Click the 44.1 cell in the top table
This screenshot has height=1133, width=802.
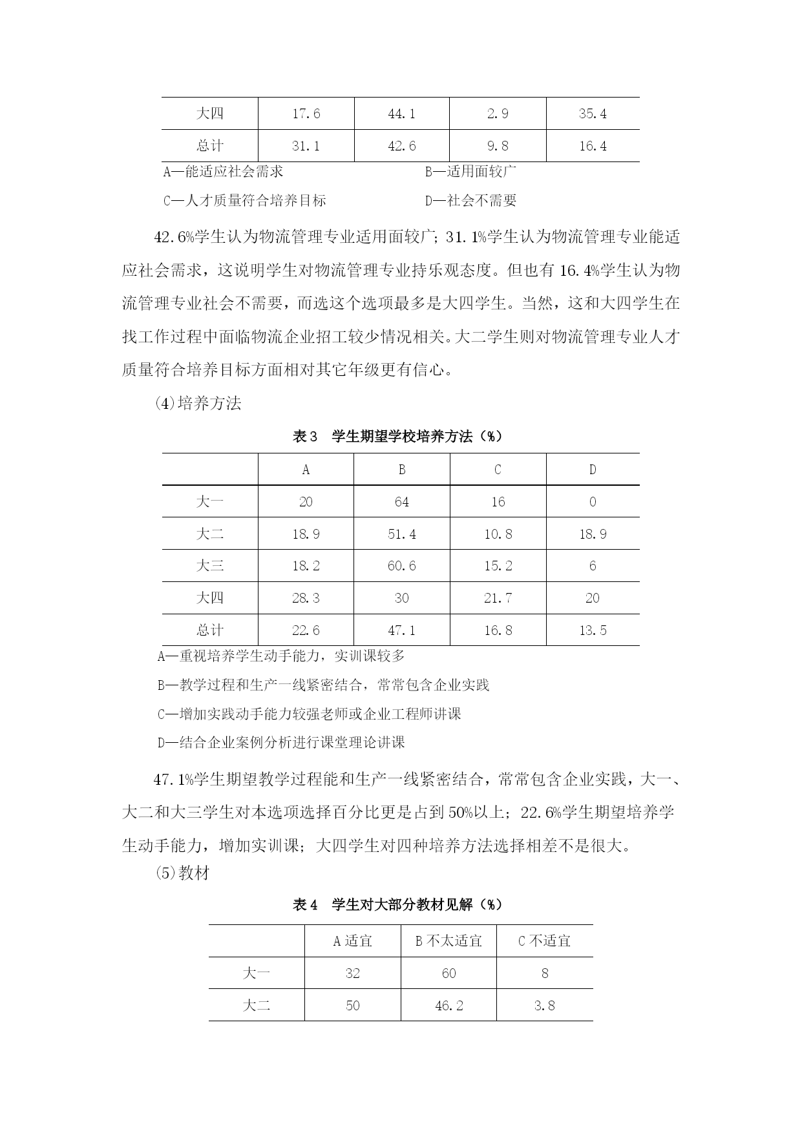(x=401, y=114)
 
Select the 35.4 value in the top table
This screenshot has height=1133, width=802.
(x=593, y=114)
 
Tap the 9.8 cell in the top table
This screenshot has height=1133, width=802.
(x=497, y=146)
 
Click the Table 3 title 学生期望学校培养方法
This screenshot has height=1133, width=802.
(x=397, y=436)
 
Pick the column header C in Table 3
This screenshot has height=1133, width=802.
(x=498, y=470)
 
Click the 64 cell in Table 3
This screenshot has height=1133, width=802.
(x=401, y=502)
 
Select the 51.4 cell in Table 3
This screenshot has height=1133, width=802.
(x=401, y=534)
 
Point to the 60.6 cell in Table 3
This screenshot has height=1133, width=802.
(x=401, y=566)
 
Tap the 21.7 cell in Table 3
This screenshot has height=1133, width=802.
(x=498, y=598)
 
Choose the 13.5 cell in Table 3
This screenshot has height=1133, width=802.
(x=593, y=630)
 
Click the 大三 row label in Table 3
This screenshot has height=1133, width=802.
(x=209, y=566)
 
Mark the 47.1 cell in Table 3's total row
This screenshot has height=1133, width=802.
(x=401, y=630)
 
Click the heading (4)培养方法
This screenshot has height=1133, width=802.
(x=198, y=403)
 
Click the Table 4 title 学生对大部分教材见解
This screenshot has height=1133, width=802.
(x=397, y=904)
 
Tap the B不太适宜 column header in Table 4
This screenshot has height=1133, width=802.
(x=448, y=941)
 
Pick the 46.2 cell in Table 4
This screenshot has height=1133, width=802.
(x=448, y=1005)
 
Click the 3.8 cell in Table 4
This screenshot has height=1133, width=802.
(x=544, y=1005)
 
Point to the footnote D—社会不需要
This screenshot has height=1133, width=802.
(x=470, y=200)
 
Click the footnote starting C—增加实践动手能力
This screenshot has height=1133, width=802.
(x=310, y=714)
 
